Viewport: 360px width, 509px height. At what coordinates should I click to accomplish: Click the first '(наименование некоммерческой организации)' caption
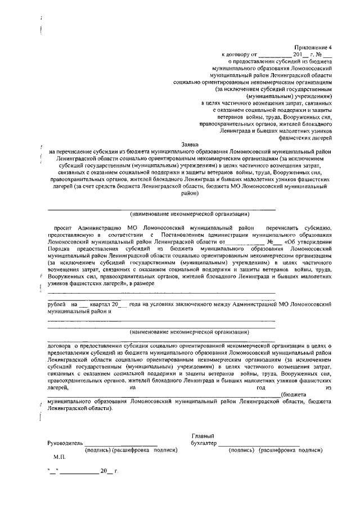(190, 214)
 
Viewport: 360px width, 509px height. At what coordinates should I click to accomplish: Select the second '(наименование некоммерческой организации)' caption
(190, 332)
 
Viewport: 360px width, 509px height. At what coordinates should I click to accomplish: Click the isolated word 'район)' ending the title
(190, 192)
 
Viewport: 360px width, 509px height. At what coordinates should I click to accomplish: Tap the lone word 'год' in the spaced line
(260, 387)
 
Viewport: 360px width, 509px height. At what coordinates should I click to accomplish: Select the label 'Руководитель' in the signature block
(65, 443)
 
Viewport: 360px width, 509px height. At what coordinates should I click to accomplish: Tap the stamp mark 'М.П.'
(60, 459)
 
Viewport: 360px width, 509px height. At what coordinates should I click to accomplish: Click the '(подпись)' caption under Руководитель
(97, 451)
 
